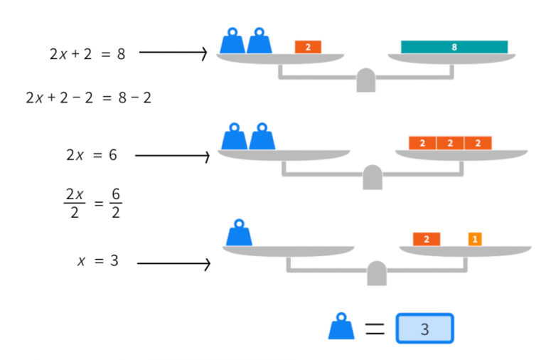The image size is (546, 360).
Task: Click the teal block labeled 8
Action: coord(454,47)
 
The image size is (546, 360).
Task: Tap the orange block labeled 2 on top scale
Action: coord(308,47)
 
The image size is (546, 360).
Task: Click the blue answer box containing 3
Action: coord(424,329)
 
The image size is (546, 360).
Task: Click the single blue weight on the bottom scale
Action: coord(239,233)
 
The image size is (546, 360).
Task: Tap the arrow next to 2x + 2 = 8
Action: coord(172,53)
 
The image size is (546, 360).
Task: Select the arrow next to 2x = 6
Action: coord(171,155)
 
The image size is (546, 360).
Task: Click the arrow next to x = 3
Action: coord(173,264)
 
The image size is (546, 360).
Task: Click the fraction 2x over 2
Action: coord(74,203)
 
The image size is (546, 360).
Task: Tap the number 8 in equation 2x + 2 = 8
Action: coord(121,53)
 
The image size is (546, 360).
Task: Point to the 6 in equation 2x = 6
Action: coord(112,155)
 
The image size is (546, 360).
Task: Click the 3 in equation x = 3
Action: coord(114,261)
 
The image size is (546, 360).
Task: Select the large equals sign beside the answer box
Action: coord(374,329)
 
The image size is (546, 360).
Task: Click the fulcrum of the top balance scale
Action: coord(365,81)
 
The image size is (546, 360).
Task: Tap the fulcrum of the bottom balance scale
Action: coord(377,274)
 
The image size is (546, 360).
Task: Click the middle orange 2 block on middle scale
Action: coord(450,143)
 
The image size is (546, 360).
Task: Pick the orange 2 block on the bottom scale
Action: coord(426,239)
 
